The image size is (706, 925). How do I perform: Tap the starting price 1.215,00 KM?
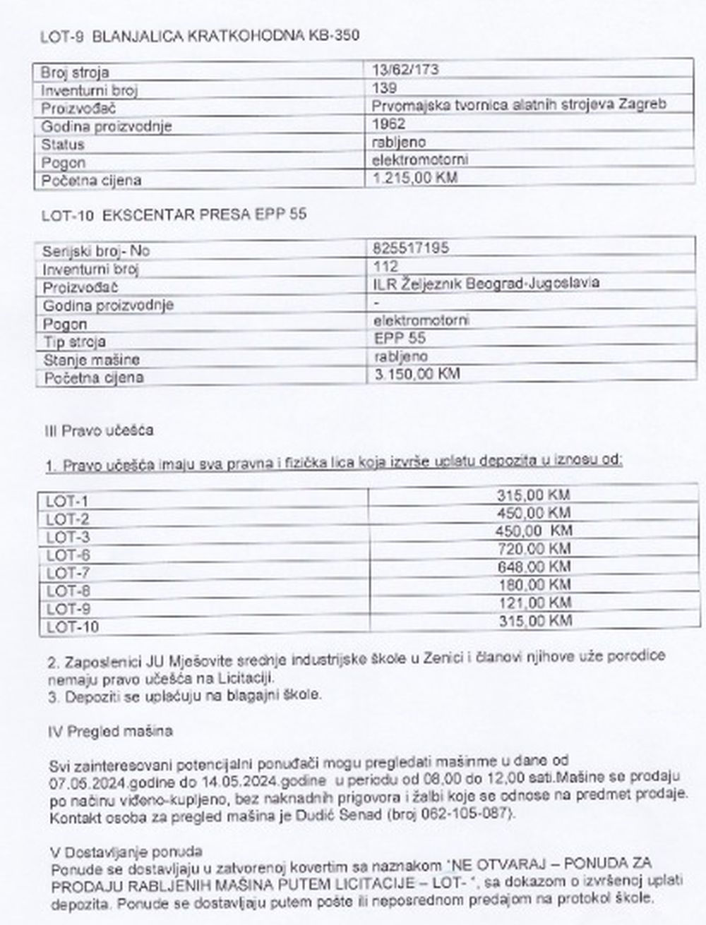coord(414,177)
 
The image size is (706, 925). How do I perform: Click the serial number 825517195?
coord(410,248)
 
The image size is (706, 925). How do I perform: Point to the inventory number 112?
coord(385,266)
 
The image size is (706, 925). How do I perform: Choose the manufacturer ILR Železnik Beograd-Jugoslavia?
coord(487,283)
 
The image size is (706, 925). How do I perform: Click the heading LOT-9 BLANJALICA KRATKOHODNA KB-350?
coord(200,36)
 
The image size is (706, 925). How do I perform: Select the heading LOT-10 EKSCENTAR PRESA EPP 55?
coord(174,214)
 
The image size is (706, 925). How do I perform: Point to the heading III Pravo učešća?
coord(99,430)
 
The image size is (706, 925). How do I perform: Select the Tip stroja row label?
coord(74,342)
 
